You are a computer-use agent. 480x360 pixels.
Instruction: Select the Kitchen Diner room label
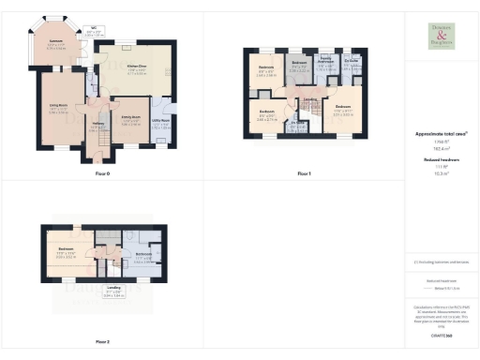click(136, 68)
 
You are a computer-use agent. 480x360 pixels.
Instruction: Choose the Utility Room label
click(161, 123)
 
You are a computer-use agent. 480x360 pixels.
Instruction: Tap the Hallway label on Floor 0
click(97, 127)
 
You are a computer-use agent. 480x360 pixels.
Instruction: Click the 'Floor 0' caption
click(101, 174)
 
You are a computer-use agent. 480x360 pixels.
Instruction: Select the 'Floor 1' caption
click(304, 174)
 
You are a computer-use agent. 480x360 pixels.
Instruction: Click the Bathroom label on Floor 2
click(142, 257)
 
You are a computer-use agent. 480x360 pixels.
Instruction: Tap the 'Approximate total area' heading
click(441, 135)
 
